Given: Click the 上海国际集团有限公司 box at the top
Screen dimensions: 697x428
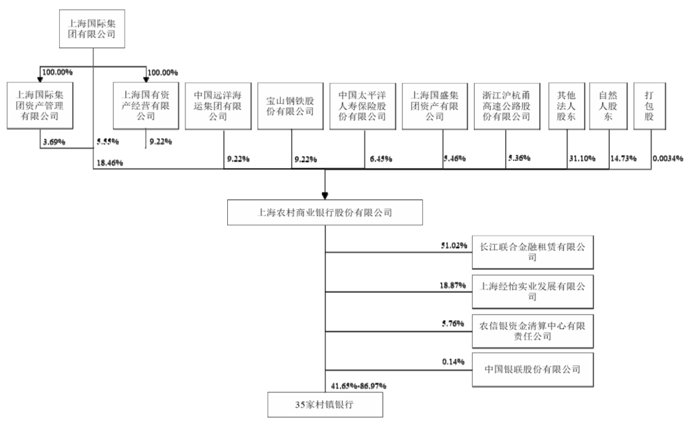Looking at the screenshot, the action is coord(92,29).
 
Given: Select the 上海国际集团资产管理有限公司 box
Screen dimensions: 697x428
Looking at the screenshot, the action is coord(40,106).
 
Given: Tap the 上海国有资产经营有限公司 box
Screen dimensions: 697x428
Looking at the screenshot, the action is coord(146,106).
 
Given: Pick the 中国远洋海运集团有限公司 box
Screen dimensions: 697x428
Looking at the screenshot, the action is coord(218,106).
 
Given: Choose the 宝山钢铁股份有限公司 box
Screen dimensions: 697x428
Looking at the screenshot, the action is coord(290,106).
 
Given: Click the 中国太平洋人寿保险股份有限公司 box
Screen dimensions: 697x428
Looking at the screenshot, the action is coord(362,106).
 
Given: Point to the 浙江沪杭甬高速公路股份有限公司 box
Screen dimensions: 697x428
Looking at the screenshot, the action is coord(507,106).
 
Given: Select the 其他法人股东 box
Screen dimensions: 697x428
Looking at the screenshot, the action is coord(567,106).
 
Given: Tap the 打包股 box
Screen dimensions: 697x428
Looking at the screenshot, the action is coord(650,106).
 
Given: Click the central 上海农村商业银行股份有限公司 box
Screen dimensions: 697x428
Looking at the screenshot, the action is coord(325,213).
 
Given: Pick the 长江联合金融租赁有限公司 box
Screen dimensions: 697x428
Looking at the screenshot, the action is coord(533,252).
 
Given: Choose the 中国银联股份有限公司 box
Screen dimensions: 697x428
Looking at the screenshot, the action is coord(533,369).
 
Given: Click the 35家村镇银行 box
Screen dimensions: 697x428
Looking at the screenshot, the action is coord(325,404).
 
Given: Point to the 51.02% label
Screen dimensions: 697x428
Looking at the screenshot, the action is coord(454,245).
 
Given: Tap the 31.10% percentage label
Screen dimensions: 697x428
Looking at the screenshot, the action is coord(582,158).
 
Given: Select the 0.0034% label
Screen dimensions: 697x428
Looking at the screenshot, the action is coord(668,158).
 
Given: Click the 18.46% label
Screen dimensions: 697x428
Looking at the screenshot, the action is coord(110,163).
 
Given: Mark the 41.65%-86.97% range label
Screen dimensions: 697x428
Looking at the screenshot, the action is coord(358,385).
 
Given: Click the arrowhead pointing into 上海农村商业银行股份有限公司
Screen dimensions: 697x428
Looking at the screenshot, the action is coord(325,196).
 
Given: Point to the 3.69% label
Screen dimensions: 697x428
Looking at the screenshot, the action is coord(54,142).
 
